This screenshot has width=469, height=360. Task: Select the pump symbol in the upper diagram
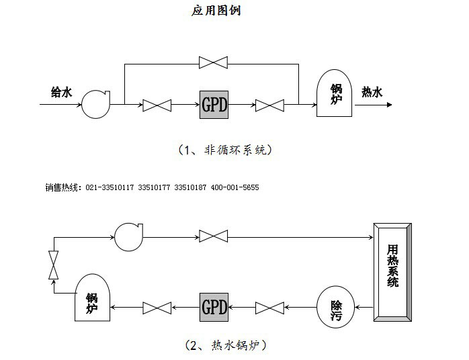(93, 104)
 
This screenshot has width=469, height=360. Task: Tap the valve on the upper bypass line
(214, 63)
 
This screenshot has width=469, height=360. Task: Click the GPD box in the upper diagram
(214, 105)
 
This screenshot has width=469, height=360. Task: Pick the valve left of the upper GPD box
(157, 105)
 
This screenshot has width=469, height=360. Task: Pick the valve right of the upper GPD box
(270, 105)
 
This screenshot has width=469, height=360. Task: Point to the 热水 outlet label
(372, 93)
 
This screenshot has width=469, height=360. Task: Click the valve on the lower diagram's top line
(214, 236)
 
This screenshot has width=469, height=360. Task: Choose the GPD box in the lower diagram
(214, 308)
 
